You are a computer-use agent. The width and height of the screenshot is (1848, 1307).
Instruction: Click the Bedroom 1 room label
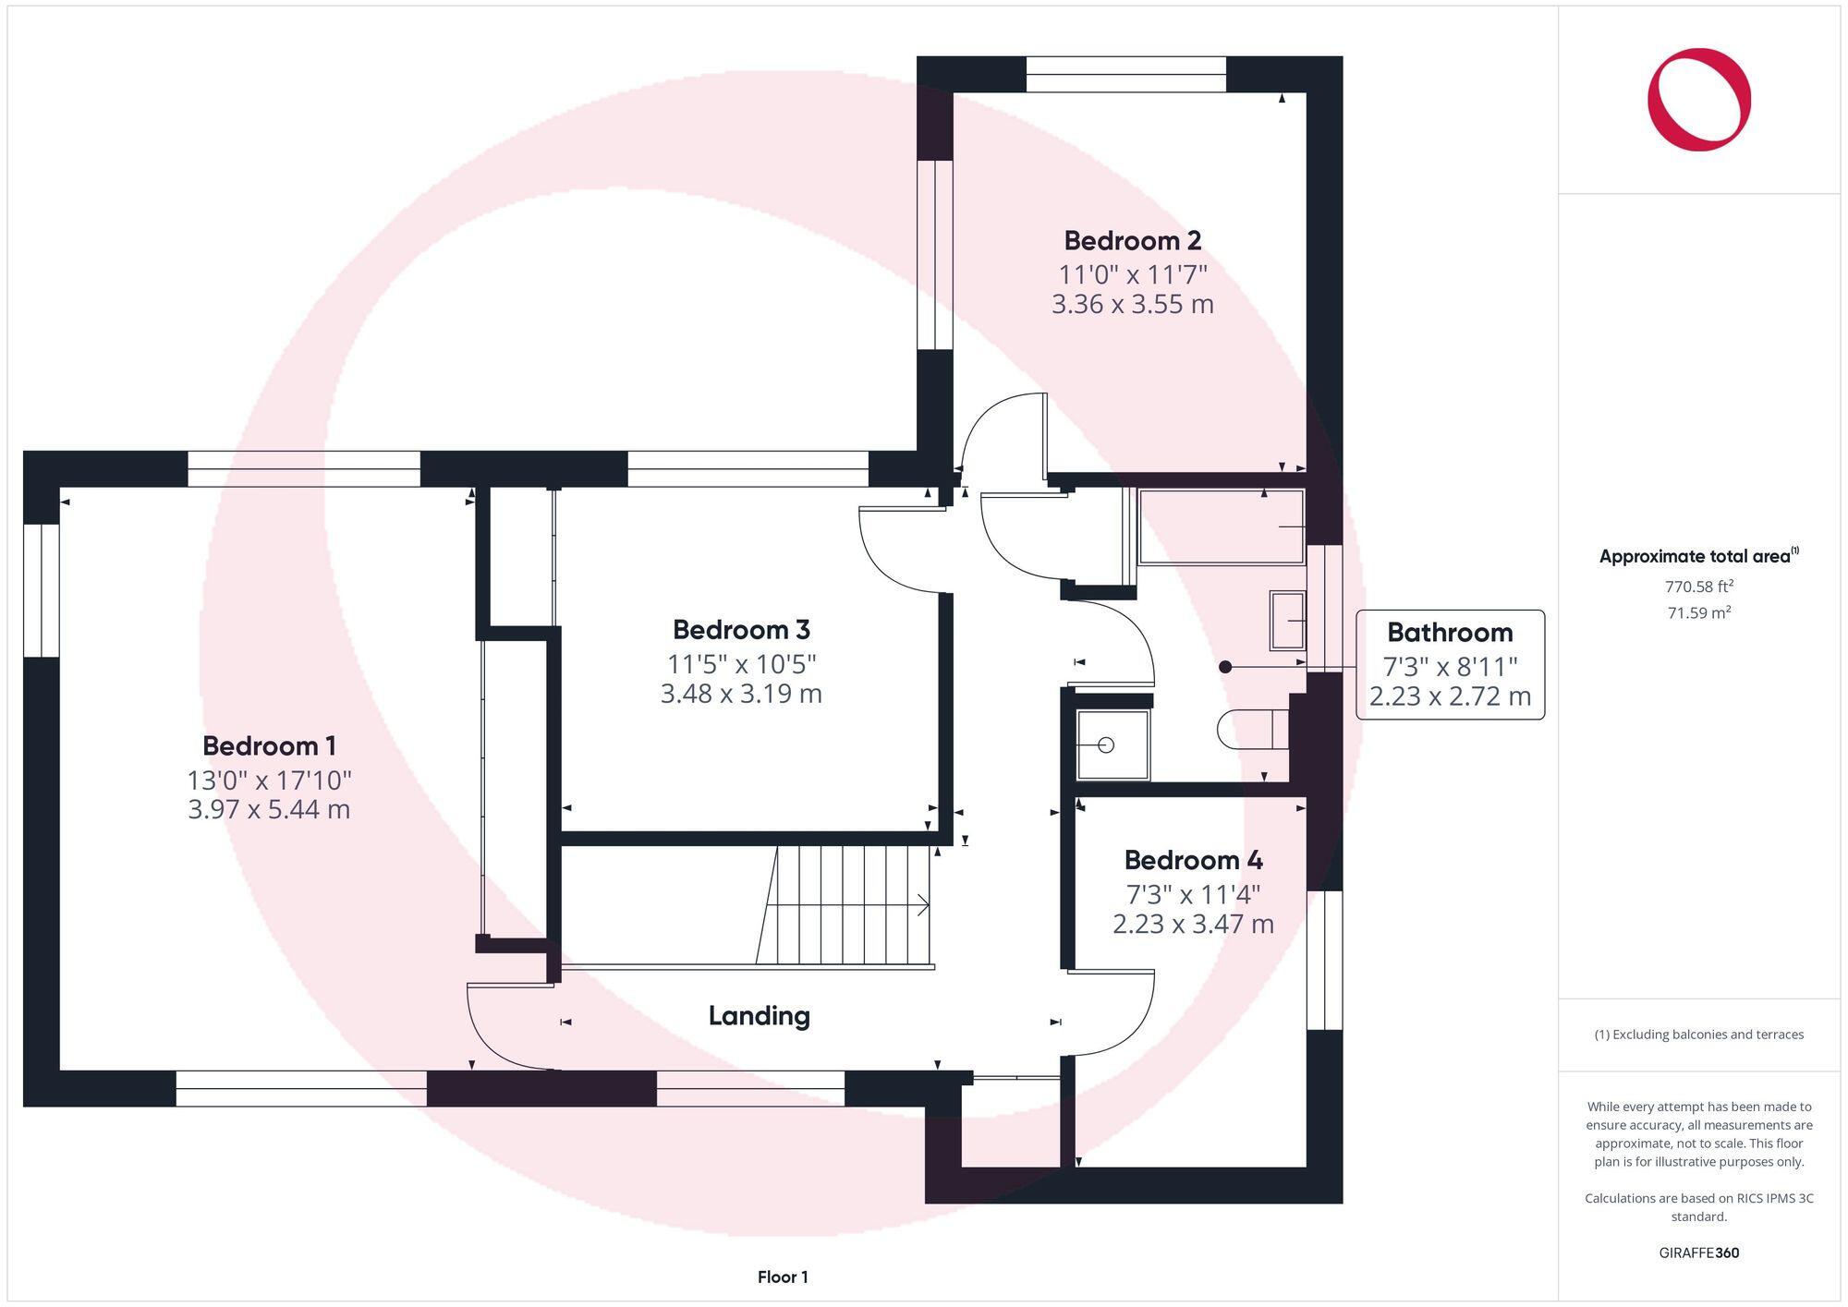269,745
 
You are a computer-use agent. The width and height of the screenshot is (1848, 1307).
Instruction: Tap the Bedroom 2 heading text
1132,241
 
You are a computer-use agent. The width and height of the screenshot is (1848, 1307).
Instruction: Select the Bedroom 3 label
741,630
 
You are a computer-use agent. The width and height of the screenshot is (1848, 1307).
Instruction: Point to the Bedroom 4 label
1193,860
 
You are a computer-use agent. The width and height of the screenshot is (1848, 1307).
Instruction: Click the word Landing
759,1016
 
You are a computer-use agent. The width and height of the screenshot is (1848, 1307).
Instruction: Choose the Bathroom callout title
1449,633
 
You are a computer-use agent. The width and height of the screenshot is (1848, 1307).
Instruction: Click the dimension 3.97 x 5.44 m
269,810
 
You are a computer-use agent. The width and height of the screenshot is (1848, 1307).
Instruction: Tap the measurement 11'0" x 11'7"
1132,274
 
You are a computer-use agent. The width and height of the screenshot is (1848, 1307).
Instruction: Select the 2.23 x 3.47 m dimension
1193,924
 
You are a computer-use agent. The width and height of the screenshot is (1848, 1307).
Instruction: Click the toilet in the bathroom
1247,730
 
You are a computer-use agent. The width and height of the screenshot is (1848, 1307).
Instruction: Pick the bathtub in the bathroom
1220,526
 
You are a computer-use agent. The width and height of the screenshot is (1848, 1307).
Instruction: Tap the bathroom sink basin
1286,620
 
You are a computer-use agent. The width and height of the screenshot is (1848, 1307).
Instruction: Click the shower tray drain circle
1106,744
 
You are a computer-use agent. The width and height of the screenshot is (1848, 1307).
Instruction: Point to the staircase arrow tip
928,905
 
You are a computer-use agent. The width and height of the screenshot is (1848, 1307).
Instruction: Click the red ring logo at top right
1698,100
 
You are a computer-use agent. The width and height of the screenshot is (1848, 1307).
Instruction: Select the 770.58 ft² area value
1698,587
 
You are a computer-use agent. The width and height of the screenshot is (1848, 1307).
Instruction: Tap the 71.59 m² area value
1698,612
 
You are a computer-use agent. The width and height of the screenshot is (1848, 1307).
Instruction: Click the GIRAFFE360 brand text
1698,1253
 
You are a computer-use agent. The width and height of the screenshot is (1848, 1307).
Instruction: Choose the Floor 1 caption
782,1277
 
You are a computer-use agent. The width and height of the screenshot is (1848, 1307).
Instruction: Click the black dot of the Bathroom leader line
1225,666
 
